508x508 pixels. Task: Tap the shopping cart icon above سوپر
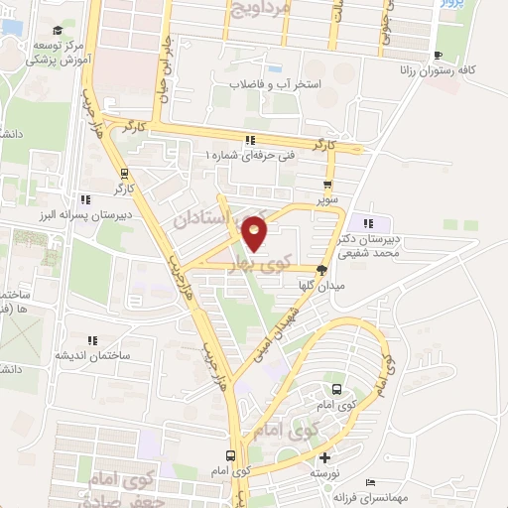[328, 185]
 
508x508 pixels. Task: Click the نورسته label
[326, 473]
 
